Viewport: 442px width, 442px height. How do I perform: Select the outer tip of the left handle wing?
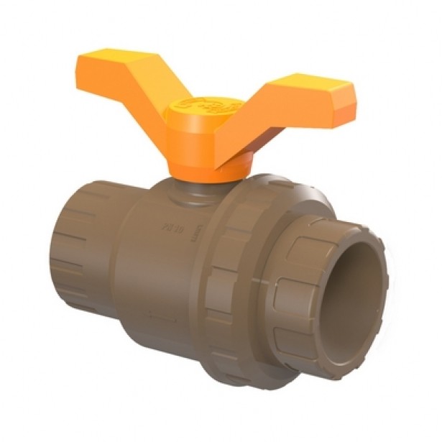(83, 61)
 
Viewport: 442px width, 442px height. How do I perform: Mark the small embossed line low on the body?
(161, 317)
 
